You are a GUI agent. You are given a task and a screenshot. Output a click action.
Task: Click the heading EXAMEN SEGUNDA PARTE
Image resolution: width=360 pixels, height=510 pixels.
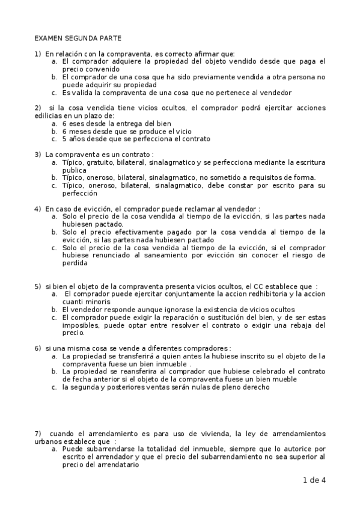[71, 37]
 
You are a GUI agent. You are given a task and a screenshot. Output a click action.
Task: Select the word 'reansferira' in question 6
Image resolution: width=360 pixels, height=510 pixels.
[142, 372]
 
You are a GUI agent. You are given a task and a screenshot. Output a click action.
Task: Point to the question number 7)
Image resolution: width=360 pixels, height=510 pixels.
[38, 434]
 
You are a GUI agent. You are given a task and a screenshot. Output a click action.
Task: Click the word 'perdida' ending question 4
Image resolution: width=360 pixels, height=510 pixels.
[75, 263]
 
